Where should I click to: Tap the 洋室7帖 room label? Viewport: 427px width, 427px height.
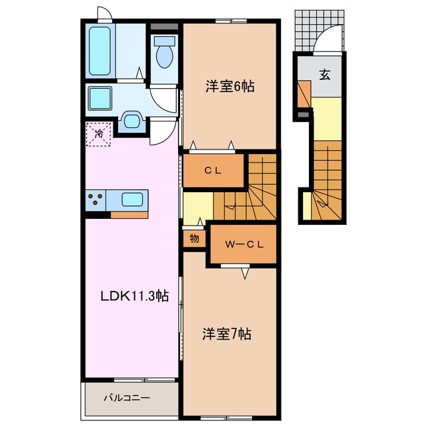click(x=227, y=334)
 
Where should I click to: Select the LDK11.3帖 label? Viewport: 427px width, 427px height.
click(x=133, y=298)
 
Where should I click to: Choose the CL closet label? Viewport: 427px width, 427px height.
click(x=213, y=171)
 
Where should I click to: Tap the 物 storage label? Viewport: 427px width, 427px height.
click(x=194, y=238)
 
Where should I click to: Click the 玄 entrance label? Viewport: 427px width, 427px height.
click(x=324, y=74)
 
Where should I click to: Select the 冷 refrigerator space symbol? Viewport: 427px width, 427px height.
click(x=98, y=134)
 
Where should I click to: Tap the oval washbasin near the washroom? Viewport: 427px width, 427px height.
click(x=131, y=121)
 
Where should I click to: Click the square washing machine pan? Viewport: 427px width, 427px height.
click(x=102, y=99)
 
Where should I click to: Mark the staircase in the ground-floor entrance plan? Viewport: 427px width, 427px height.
click(x=327, y=180)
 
